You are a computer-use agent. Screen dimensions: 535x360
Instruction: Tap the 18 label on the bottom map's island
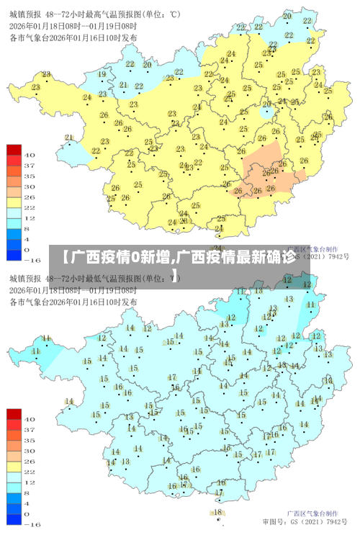click(218, 512)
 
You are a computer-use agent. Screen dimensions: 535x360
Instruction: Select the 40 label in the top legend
click(31, 155)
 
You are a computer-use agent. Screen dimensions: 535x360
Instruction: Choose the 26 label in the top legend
click(31, 197)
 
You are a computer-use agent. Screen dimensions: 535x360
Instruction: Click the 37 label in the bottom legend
click(31, 428)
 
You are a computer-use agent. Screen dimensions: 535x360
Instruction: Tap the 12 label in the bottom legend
click(31, 482)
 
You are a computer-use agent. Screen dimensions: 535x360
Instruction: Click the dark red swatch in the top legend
click(14, 150)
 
